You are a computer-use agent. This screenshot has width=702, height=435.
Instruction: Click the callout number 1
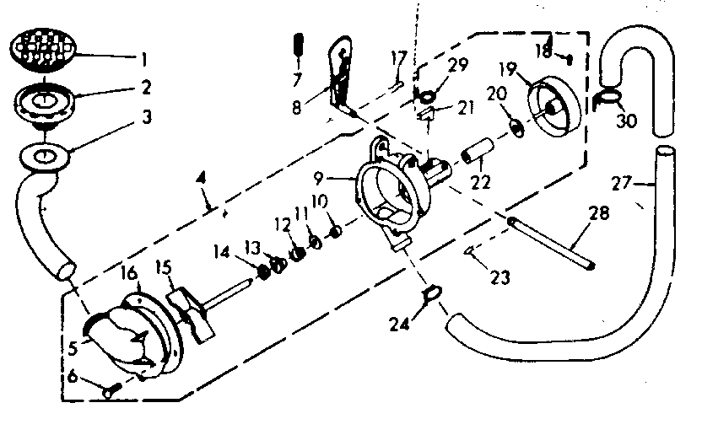click(x=145, y=60)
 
